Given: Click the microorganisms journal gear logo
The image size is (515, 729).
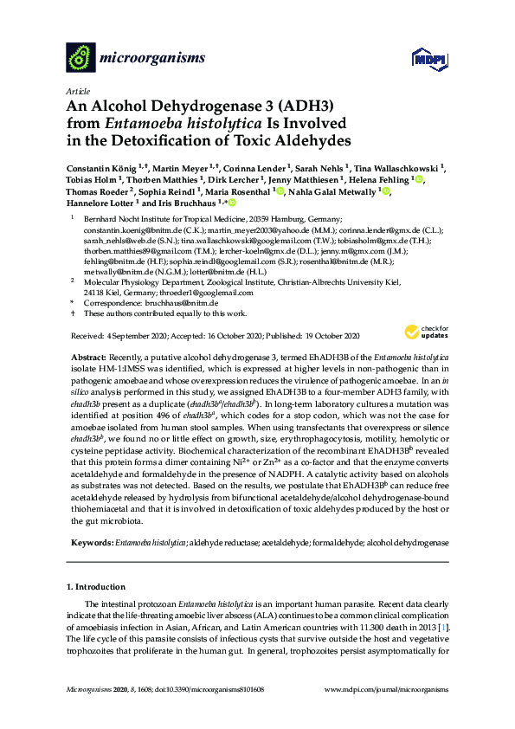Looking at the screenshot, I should click(x=80, y=57).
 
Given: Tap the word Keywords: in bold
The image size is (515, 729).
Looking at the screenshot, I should click(x=91, y=542).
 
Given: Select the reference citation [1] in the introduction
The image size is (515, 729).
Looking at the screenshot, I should click(x=444, y=626).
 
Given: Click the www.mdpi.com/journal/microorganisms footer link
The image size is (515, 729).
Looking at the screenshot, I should click(x=385, y=689).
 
